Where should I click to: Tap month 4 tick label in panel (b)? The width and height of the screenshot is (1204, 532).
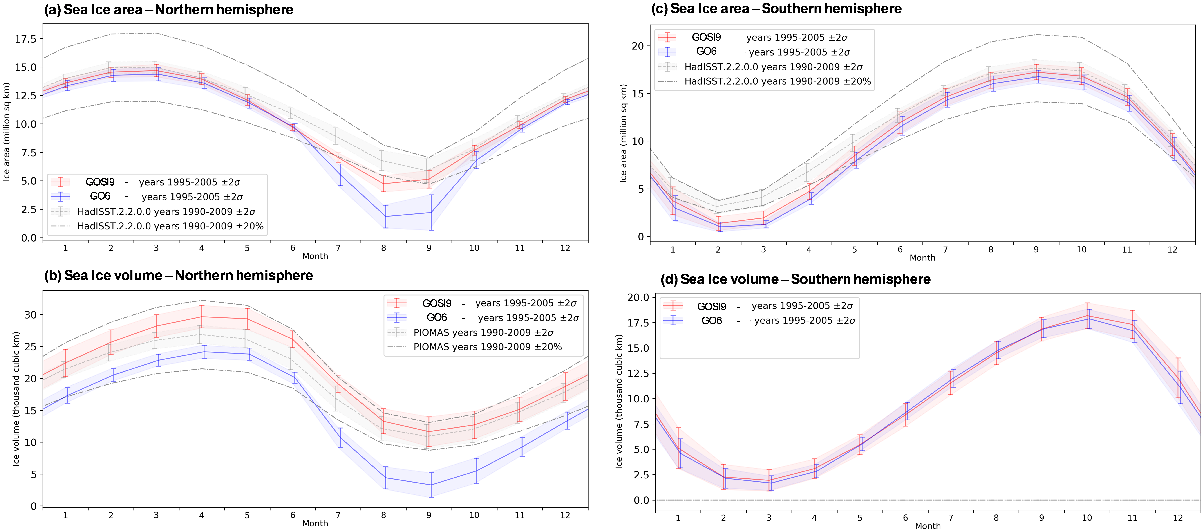(201, 515)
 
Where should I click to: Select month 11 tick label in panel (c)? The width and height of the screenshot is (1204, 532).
(1127, 250)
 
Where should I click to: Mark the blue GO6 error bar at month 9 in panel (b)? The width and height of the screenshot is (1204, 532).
(431, 485)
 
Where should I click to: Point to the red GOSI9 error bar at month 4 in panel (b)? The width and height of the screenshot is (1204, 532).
(202, 317)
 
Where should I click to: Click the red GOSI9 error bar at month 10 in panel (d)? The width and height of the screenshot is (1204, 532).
(1087, 316)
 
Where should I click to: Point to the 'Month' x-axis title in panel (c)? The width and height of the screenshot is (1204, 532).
(922, 258)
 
